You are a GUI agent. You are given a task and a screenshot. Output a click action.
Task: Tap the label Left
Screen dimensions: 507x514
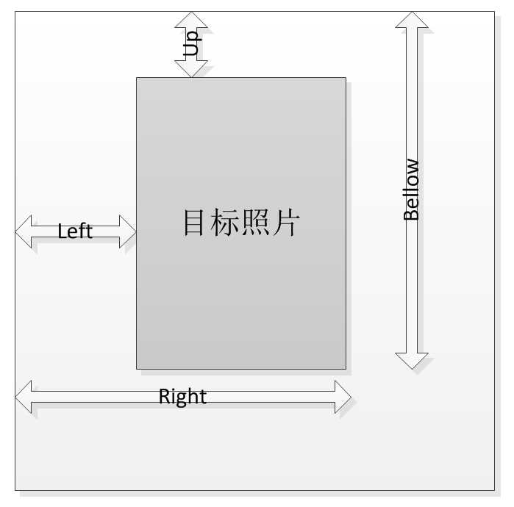pyautogui.click(x=75, y=231)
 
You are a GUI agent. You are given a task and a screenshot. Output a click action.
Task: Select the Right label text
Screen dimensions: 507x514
pyautogui.click(x=182, y=397)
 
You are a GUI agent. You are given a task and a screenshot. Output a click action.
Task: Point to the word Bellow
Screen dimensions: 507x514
pyautogui.click(x=412, y=190)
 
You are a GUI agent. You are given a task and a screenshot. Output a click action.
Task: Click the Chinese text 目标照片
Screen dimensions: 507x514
pyautogui.click(x=241, y=223)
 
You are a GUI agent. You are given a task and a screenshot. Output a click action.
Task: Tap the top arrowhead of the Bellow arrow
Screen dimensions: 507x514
pyautogui.click(x=412, y=20)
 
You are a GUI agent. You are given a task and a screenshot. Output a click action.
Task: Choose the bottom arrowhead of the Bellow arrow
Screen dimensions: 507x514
pyautogui.click(x=412, y=361)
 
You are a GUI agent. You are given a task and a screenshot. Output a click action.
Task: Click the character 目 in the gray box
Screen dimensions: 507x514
pyautogui.click(x=194, y=223)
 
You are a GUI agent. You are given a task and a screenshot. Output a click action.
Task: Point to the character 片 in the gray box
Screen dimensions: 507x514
pyautogui.click(x=287, y=223)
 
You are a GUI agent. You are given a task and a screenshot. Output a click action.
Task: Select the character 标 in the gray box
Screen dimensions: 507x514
pyautogui.click(x=225, y=223)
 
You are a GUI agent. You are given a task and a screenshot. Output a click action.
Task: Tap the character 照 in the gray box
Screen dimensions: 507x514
pyautogui.click(x=256, y=223)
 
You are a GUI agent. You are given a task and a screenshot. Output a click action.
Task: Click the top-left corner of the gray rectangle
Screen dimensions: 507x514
pyautogui.click(x=137, y=78)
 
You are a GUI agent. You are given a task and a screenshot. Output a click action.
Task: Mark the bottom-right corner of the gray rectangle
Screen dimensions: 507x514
pyautogui.click(x=346, y=368)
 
